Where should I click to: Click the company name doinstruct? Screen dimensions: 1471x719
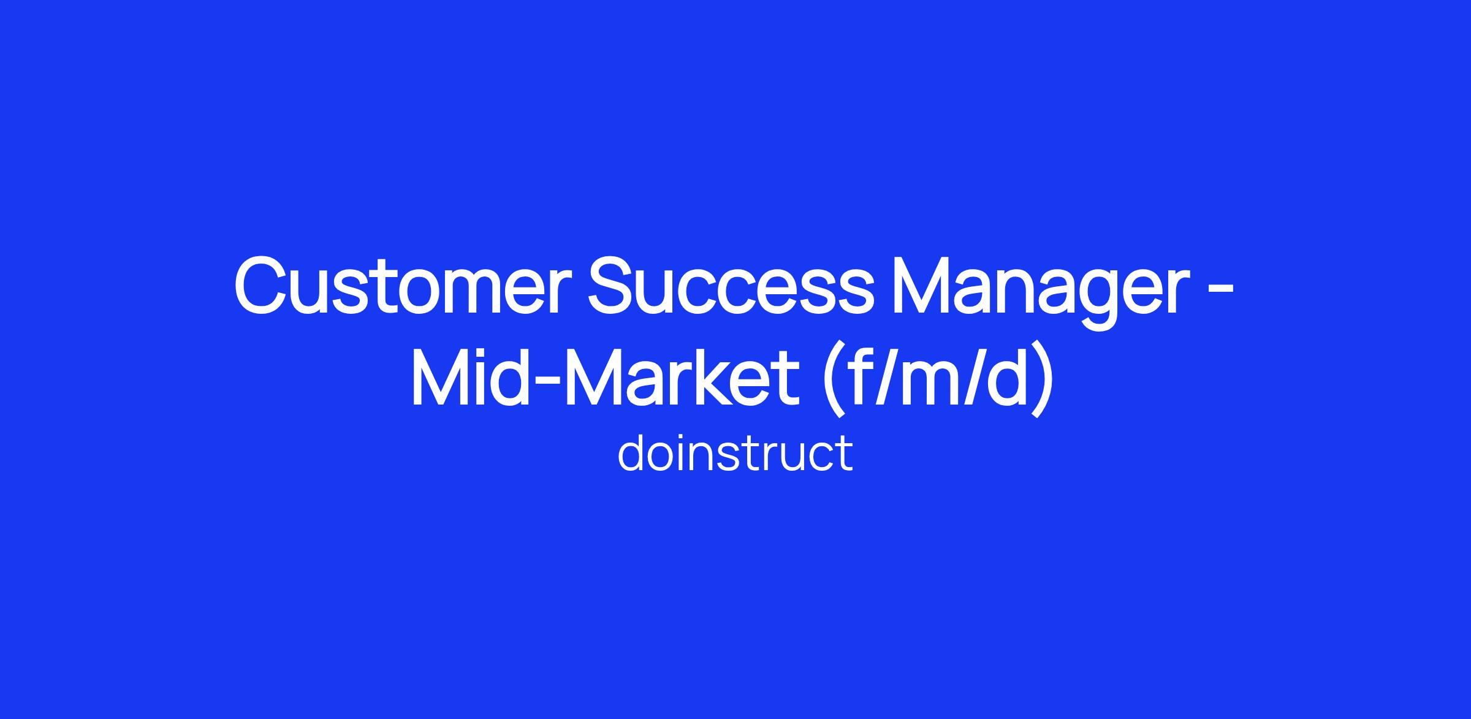point(735,453)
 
